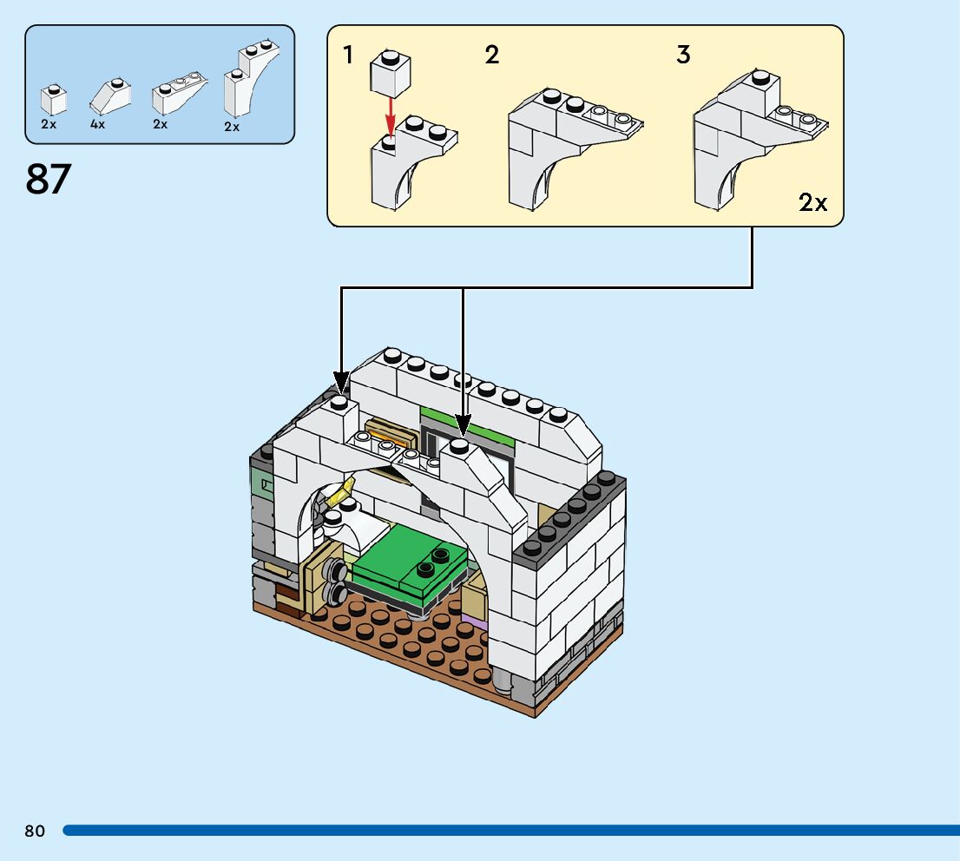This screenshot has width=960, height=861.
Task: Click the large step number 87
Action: pyautogui.click(x=49, y=180)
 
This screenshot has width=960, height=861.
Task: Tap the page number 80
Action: pyautogui.click(x=35, y=831)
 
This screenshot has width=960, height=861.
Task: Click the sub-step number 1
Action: pyautogui.click(x=348, y=56)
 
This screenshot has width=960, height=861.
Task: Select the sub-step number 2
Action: pyautogui.click(x=492, y=56)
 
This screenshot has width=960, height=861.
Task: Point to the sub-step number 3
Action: pyautogui.click(x=683, y=56)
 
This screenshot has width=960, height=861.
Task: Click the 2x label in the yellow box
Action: pyautogui.click(x=812, y=204)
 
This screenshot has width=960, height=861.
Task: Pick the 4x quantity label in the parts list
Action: pyautogui.click(x=97, y=124)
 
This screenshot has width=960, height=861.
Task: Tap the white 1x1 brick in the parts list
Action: pyautogui.click(x=54, y=100)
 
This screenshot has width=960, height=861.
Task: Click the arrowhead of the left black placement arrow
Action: pyautogui.click(x=341, y=383)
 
